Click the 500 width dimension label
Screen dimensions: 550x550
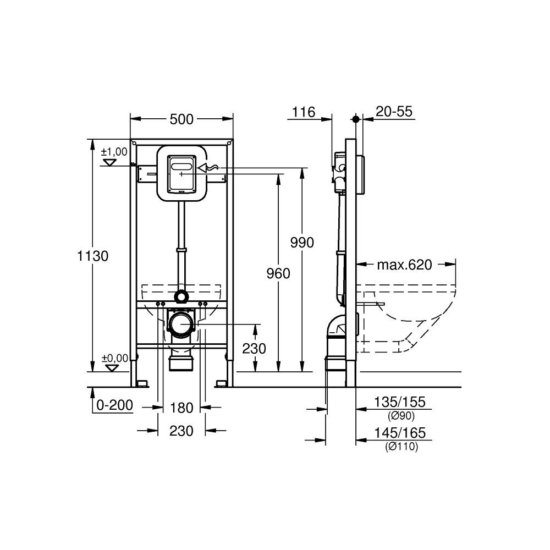click(182, 119)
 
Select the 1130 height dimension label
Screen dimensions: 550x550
click(93, 256)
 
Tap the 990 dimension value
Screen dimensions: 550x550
click(302, 243)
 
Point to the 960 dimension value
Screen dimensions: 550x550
click(278, 273)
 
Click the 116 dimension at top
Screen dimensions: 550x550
click(303, 112)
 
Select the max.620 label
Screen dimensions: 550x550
click(404, 265)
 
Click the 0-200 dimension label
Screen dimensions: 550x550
click(114, 405)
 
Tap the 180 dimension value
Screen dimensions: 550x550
click(182, 408)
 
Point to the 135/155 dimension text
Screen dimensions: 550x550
click(400, 403)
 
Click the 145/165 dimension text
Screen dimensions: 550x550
click(400, 434)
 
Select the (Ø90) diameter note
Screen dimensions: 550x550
click(402, 416)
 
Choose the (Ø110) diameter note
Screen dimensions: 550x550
click(402, 447)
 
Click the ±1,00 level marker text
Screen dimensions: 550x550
click(114, 151)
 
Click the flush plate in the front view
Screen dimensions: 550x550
click(182, 173)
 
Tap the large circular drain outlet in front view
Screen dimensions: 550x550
click(182, 326)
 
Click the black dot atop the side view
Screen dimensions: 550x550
click(356, 119)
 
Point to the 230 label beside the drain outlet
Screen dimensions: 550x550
click(254, 348)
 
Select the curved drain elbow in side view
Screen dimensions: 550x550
click(334, 327)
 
